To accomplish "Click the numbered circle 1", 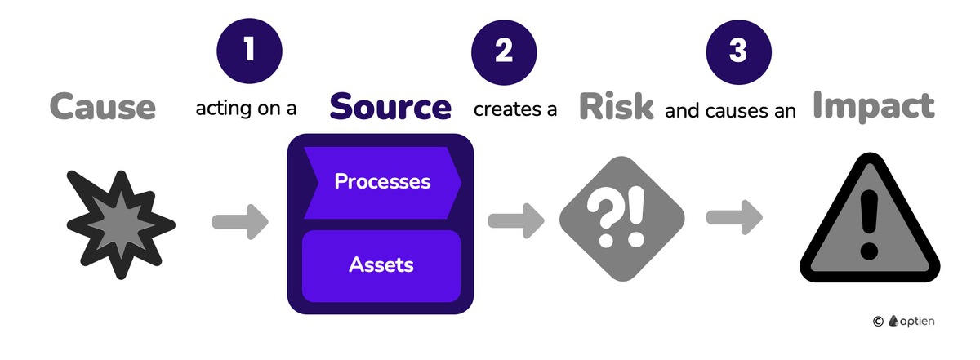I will [x=250, y=51].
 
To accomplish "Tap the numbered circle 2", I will [x=504, y=51].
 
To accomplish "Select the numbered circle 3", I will [x=738, y=51].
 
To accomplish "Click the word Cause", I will [x=103, y=106].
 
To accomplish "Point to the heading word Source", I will [x=390, y=107].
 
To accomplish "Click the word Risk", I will [x=617, y=107].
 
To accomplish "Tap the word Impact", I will [x=874, y=106].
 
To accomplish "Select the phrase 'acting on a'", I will [x=246, y=109].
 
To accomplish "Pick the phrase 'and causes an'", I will [x=731, y=109].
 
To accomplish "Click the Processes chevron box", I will [x=381, y=182].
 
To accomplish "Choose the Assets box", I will [x=381, y=264].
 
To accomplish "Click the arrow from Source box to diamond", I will [x=515, y=220].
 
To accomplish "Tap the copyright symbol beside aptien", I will [x=878, y=322].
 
